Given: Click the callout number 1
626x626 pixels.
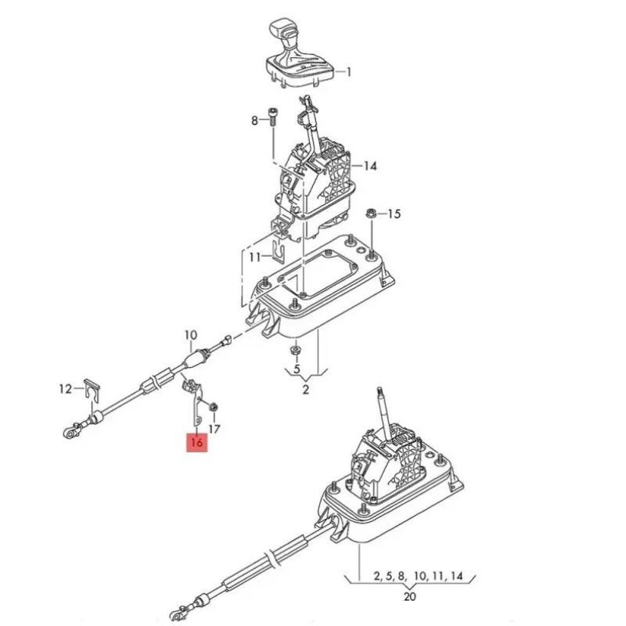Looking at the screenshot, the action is click(348, 72).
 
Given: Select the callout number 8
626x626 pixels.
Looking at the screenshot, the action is click(255, 121).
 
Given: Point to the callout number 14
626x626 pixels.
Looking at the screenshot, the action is click(370, 166).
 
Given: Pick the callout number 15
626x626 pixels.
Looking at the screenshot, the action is click(394, 214).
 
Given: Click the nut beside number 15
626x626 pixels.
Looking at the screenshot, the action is click(370, 214).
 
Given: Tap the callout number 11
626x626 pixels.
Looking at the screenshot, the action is click(255, 257).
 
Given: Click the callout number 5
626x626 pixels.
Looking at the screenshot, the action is click(297, 369).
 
